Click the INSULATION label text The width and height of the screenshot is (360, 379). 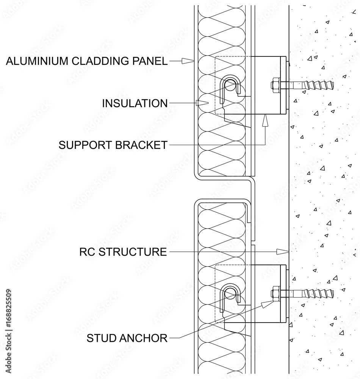coord(135,103)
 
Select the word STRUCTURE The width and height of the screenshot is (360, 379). coord(133,252)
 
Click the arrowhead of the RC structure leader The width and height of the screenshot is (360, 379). coord(282,252)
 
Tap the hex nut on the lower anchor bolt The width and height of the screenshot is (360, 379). coord(275,293)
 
